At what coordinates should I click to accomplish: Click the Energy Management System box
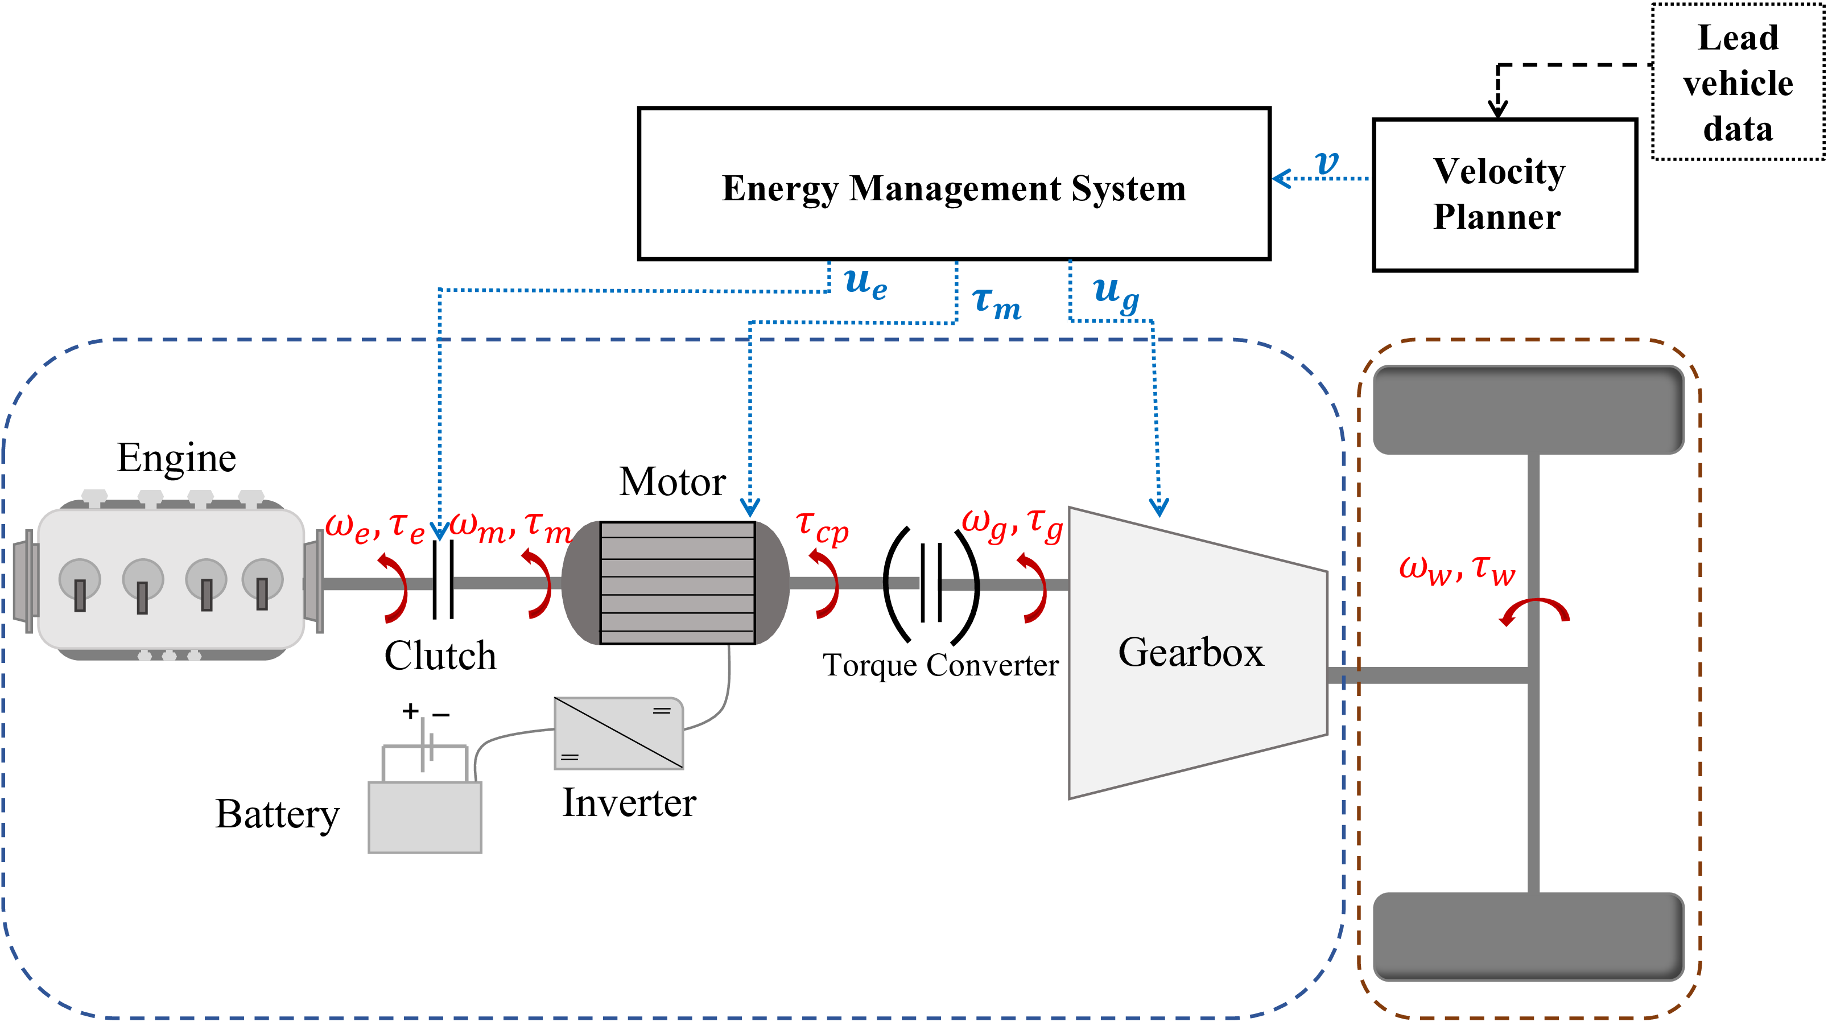pyautogui.click(x=953, y=184)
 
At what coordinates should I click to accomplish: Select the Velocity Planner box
pyautogui.click(x=1504, y=195)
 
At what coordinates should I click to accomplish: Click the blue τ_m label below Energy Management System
pyautogui.click(x=996, y=303)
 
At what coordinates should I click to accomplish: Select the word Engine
pyautogui.click(x=176, y=458)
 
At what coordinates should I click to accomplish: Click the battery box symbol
pyautogui.click(x=424, y=816)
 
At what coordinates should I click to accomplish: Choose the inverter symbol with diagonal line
pyautogui.click(x=618, y=733)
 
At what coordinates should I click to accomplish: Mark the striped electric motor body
pyautogui.click(x=676, y=583)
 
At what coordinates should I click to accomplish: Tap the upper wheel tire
pyautogui.click(x=1528, y=410)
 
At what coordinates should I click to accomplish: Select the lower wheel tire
pyautogui.click(x=1528, y=937)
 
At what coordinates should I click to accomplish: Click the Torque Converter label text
pyautogui.click(x=940, y=666)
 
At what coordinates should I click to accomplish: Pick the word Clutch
pyautogui.click(x=440, y=656)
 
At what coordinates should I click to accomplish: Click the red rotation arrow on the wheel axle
pyautogui.click(x=1534, y=611)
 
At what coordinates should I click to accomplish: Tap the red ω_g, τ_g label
pyautogui.click(x=1011, y=526)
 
